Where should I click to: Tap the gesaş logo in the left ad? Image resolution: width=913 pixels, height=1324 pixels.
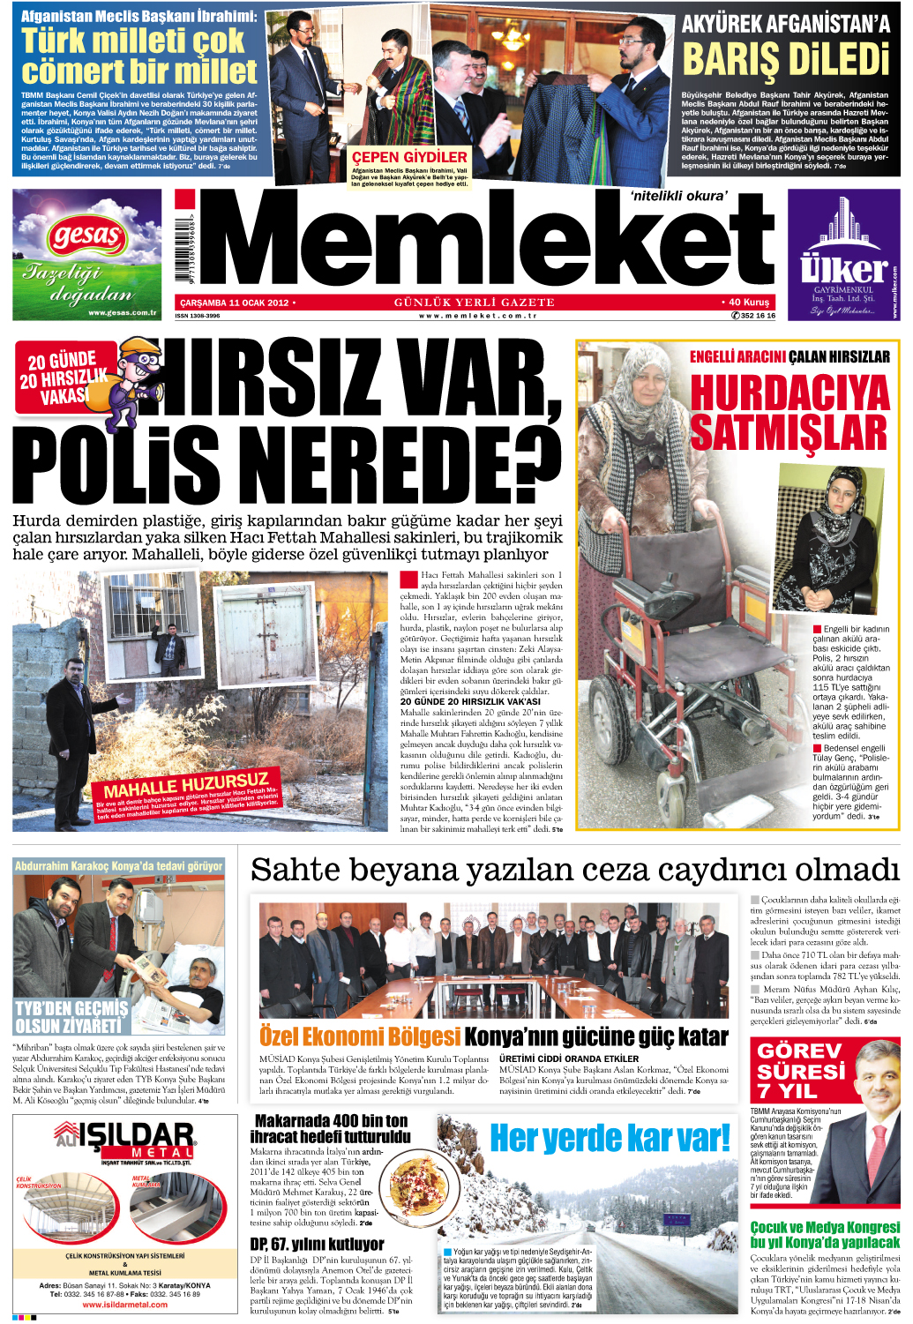point(86,236)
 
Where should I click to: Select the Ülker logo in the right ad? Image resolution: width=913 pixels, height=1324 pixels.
point(843,266)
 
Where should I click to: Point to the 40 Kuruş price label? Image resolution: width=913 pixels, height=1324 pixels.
point(745,302)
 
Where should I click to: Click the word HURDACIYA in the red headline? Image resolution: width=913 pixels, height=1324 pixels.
point(790,393)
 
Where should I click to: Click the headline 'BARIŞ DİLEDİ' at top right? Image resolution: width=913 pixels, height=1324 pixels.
point(785,60)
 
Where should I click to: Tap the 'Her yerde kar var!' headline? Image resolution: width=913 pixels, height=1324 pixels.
point(610,1138)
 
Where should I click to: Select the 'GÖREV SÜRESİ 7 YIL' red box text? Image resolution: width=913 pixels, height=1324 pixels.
point(801,1071)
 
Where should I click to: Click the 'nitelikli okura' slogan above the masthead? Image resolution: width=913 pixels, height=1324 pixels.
point(679,196)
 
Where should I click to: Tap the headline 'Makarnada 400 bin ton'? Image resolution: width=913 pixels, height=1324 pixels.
point(332,1120)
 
